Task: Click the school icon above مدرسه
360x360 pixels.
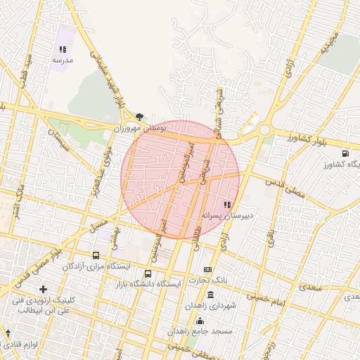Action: [x=63, y=50]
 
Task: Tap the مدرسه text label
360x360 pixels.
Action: [x=63, y=61]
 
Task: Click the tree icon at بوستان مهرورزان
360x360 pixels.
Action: [x=140, y=117]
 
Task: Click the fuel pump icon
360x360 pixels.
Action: [x=345, y=154]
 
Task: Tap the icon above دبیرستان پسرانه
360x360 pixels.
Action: [x=226, y=204]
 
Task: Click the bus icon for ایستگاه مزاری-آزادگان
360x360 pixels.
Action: [x=96, y=256]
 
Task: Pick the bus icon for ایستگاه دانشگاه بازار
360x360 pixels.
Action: [x=148, y=274]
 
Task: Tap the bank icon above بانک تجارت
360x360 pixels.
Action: [x=207, y=269]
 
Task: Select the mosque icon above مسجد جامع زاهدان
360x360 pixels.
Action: [x=199, y=320]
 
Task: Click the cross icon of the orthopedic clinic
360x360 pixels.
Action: [x=44, y=289]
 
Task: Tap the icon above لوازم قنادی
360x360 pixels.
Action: [x=8, y=333]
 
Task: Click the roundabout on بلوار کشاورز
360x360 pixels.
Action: [x=264, y=129]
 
